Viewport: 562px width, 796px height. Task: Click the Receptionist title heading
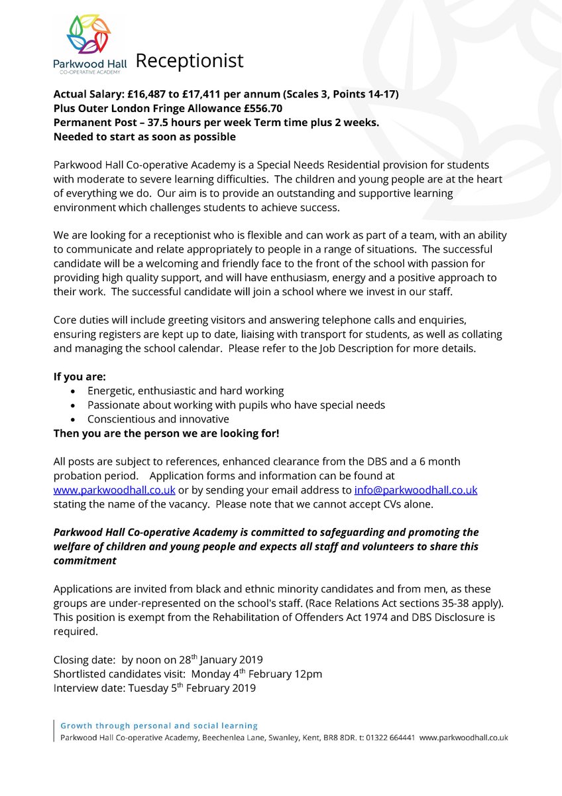(190, 61)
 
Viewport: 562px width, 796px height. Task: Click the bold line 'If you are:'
(80, 376)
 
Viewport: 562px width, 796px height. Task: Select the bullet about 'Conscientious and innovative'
(158, 419)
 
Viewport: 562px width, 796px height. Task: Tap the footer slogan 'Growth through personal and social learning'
(159, 726)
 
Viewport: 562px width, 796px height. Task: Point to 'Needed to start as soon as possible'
(144, 137)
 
